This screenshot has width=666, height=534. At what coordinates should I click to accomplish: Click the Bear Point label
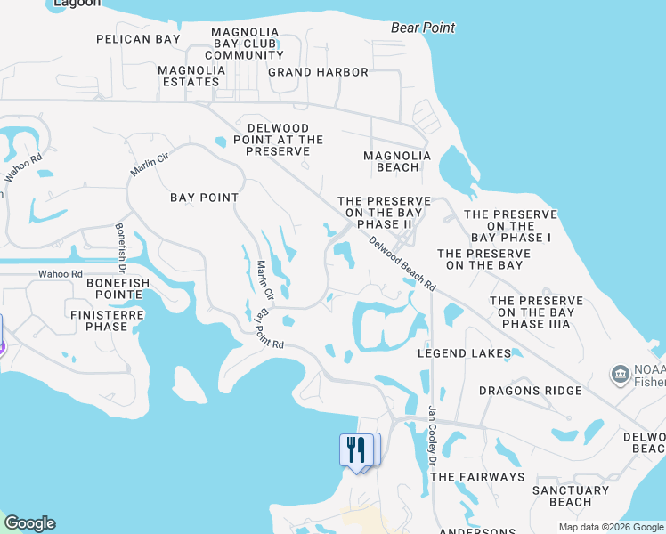tap(423, 28)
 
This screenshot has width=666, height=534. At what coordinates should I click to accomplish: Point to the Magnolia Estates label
tap(189, 76)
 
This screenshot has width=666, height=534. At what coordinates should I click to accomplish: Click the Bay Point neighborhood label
tap(204, 198)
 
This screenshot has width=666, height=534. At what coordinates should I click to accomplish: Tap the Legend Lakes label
tap(465, 353)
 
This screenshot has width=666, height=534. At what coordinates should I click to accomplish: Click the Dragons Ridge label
tap(530, 391)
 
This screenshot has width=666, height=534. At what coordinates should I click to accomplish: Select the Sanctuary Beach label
tap(571, 496)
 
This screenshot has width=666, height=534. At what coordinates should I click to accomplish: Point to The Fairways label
tap(477, 477)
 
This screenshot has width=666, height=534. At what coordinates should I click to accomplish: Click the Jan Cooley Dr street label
tap(433, 435)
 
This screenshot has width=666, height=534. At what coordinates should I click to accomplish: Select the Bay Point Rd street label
tap(268, 329)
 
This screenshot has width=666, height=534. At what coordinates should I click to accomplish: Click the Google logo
tap(29, 523)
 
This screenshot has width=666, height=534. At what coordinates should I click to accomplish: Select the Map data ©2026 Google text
tap(610, 527)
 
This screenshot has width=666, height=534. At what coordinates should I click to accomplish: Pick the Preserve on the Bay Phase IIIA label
tap(535, 312)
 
